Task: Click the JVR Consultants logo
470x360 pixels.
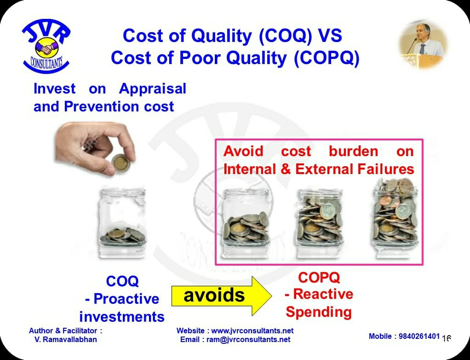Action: click(46, 46)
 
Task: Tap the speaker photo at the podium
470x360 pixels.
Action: click(423, 45)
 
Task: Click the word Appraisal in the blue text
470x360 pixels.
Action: click(153, 89)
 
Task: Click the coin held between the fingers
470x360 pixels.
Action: click(120, 163)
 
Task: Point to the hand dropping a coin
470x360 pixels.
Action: click(95, 148)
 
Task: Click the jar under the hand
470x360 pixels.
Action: click(122, 222)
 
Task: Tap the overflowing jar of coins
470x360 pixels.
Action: click(395, 218)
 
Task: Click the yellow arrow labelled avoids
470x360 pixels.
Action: click(222, 296)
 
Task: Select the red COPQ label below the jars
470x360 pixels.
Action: click(319, 278)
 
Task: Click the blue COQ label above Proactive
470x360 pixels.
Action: click(122, 281)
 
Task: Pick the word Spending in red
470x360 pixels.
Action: click(319, 312)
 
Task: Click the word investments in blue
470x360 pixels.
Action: click(122, 317)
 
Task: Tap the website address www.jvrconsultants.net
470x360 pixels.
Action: click(252, 331)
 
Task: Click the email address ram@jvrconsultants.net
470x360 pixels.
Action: click(248, 340)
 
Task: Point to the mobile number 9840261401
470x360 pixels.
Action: click(419, 337)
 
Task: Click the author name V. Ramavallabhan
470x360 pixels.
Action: click(66, 340)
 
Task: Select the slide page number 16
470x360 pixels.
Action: click(447, 338)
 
